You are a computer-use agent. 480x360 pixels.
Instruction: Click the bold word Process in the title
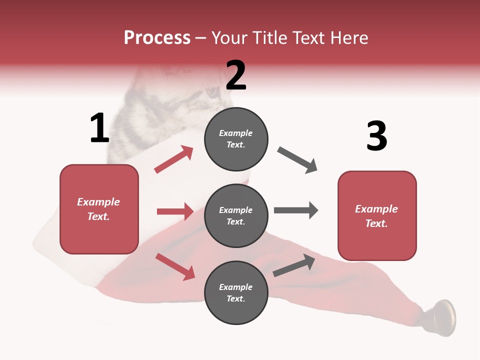pos(157,38)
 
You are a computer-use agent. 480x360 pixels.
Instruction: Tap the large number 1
pos(99,128)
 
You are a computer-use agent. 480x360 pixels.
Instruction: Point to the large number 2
pos(236,75)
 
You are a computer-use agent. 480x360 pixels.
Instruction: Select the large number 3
pos(377,136)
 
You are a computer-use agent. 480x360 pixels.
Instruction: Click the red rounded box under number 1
pos(99,209)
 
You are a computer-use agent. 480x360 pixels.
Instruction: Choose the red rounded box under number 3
pos(377,216)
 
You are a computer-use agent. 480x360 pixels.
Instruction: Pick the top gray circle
pos(236,139)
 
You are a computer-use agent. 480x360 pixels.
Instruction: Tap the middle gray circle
pos(236,216)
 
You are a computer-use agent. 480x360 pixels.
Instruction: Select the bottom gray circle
pos(236,292)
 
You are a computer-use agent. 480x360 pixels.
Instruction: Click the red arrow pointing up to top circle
pos(174,159)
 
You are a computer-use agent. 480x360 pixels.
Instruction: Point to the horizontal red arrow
pos(175,211)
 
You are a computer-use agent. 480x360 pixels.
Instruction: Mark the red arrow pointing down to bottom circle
pos(175,266)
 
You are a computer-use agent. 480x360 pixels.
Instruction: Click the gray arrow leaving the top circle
pos(297,160)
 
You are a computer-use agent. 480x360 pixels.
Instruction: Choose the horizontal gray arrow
pos(295,210)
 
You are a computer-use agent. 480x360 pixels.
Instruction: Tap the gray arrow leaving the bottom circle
pos(294,265)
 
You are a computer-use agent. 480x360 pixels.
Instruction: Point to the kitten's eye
pos(213,92)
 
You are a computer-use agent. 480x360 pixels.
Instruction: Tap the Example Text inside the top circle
pos(236,139)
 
